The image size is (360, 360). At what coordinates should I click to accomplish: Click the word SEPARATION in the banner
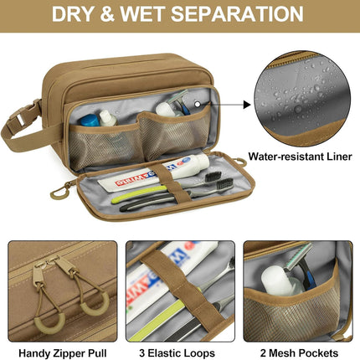tap(237, 14)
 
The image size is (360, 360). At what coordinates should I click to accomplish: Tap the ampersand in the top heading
tap(107, 14)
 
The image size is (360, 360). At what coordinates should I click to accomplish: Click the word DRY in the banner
tap(74, 14)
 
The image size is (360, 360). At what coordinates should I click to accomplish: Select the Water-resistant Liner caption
tap(300, 157)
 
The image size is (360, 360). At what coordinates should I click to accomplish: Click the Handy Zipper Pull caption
tap(63, 353)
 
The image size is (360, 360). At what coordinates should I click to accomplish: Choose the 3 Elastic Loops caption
tap(177, 353)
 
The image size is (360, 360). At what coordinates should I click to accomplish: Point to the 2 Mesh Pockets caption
tap(300, 353)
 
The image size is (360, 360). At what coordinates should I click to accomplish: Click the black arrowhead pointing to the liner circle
tap(247, 105)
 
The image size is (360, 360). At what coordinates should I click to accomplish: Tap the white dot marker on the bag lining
tap(198, 105)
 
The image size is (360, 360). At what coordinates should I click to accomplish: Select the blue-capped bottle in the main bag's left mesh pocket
tap(89, 121)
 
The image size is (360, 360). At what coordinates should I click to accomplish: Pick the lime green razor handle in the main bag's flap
tap(138, 194)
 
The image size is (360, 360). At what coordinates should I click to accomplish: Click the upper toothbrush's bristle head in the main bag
tap(213, 176)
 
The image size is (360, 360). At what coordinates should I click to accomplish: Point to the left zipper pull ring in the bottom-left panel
tap(49, 323)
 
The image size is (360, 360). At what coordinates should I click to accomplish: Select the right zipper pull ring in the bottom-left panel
tap(95, 304)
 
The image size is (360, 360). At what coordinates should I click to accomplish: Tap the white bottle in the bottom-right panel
tap(277, 280)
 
